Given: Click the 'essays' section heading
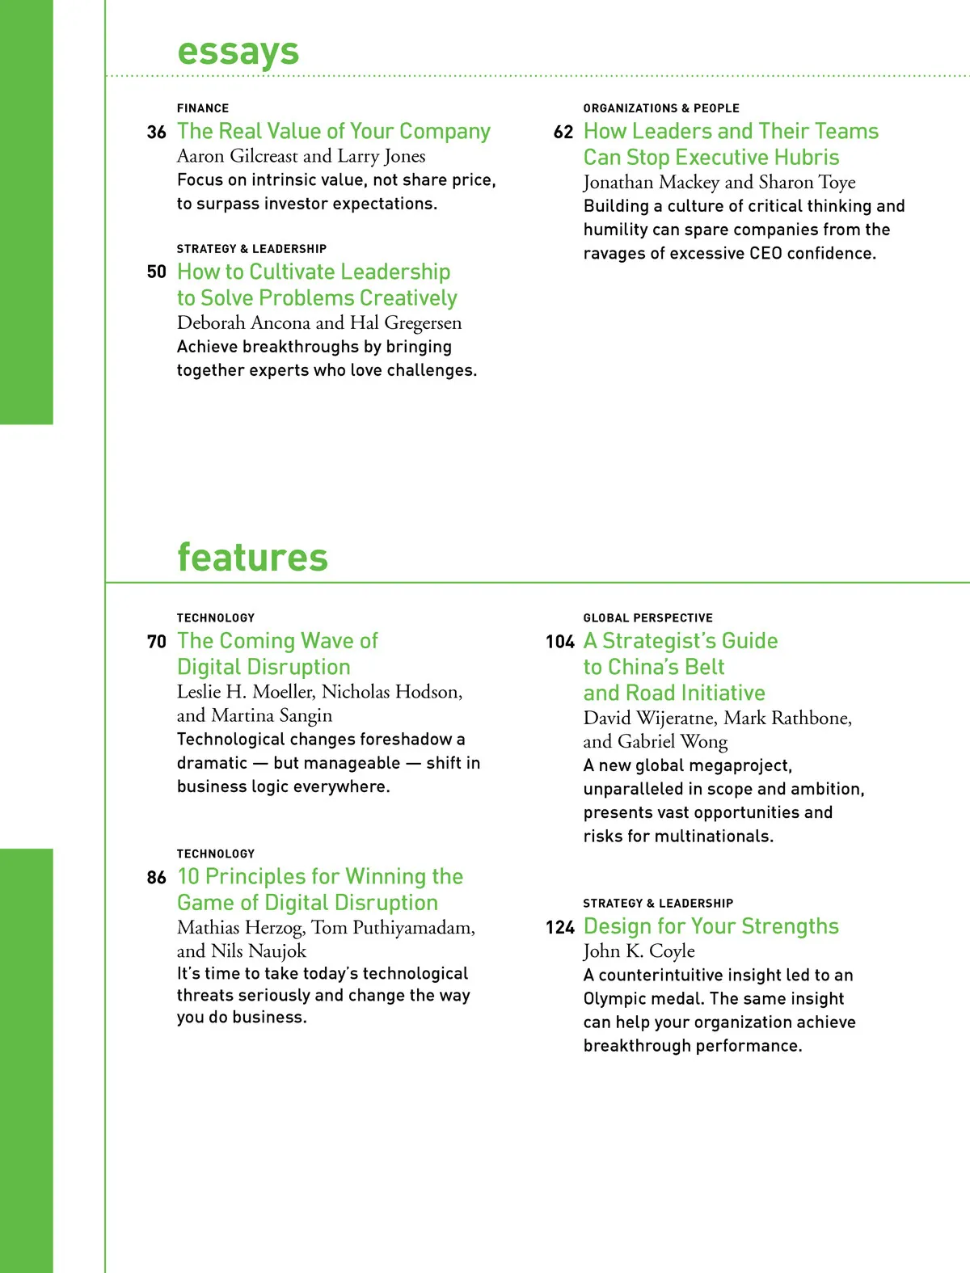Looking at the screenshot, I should [x=238, y=52].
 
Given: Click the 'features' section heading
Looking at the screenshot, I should [x=252, y=558].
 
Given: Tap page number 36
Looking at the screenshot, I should [x=157, y=133].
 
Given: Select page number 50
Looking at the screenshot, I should [x=157, y=272].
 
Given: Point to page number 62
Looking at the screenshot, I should [x=563, y=133].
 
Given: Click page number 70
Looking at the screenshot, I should [x=157, y=642].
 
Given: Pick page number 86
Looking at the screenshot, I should [x=157, y=878].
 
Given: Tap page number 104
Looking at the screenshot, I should [x=560, y=642].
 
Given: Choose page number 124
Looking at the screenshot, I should [x=560, y=927].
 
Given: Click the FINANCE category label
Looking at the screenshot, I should [x=203, y=108].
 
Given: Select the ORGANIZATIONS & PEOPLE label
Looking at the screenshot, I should [x=661, y=108].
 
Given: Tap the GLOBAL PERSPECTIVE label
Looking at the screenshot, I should [x=648, y=618].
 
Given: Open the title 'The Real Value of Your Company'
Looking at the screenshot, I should [x=334, y=132].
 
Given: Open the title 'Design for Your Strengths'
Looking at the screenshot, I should [x=711, y=926].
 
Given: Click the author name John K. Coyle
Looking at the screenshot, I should [x=639, y=951].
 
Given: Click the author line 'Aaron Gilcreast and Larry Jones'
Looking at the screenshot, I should [x=302, y=156].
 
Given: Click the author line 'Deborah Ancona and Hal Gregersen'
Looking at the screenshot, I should [x=319, y=323].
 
